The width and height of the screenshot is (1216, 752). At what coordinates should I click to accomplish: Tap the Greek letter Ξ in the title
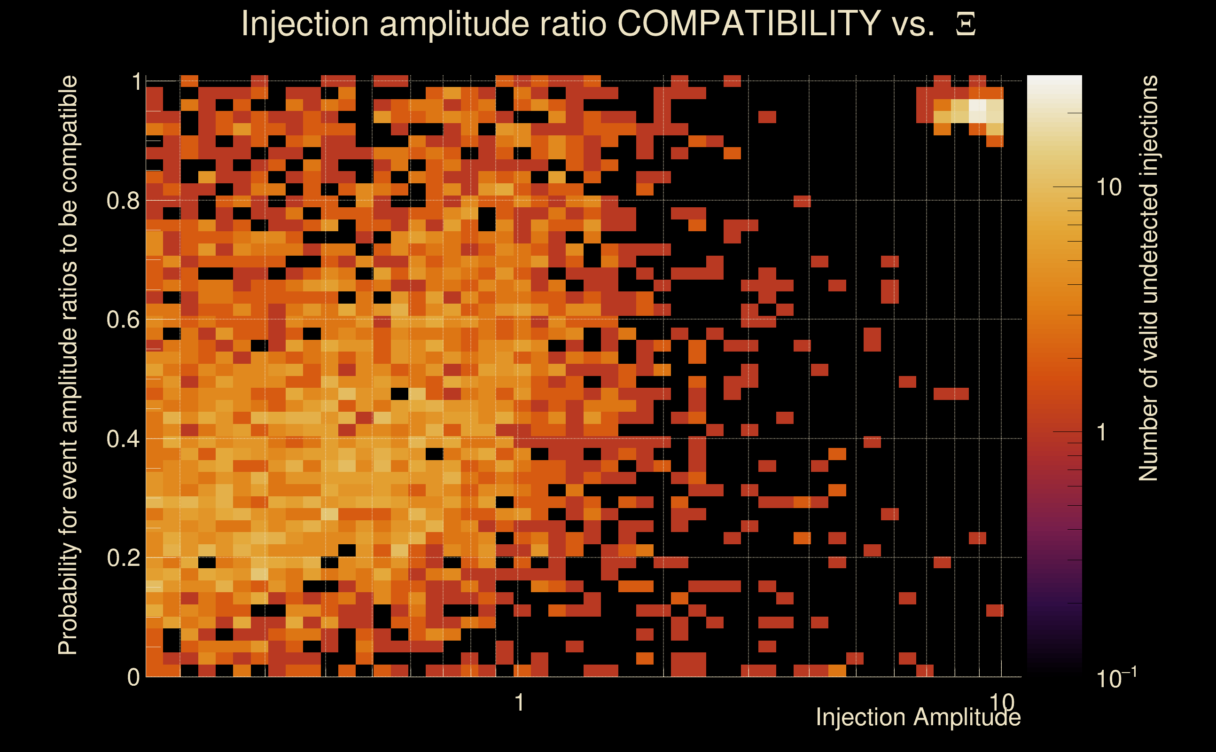(x=966, y=24)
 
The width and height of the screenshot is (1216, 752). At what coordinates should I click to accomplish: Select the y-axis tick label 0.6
(x=123, y=319)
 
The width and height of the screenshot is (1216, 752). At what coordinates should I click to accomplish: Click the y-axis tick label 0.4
(x=123, y=439)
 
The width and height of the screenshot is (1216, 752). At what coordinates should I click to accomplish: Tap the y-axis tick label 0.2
(x=123, y=557)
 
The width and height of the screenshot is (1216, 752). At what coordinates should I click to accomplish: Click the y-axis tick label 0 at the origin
(x=133, y=677)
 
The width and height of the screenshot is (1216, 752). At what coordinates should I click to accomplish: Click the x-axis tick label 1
(x=519, y=702)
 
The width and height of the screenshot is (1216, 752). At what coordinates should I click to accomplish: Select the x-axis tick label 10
(x=1001, y=702)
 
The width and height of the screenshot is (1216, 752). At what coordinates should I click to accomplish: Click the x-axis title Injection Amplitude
(x=918, y=717)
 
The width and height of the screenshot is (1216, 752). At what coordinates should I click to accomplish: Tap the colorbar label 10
(x=1108, y=188)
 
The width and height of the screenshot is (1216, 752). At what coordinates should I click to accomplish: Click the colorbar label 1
(x=1102, y=432)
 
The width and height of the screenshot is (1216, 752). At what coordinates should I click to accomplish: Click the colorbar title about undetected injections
(x=1148, y=279)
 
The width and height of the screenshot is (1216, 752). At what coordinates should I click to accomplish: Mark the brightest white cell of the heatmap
(x=977, y=110)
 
